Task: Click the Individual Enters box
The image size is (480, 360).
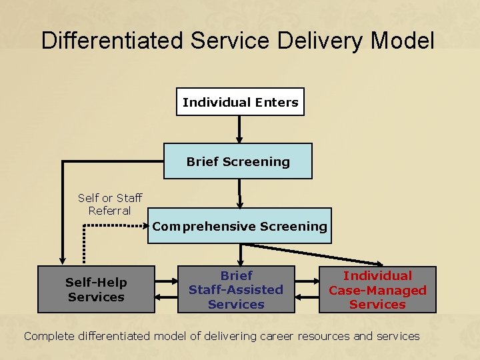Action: tap(240, 102)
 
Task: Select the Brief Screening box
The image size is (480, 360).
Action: tap(238, 161)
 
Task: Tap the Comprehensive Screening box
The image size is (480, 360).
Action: tap(239, 226)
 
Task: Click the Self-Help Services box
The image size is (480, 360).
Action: tap(96, 290)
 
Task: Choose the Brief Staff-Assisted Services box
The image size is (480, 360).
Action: tap(236, 290)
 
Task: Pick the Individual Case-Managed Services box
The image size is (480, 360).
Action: tap(377, 290)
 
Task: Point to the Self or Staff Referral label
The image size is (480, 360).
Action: tap(109, 204)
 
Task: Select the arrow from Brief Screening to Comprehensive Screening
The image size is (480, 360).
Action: tap(239, 193)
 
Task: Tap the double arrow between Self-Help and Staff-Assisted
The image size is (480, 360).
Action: tap(166, 289)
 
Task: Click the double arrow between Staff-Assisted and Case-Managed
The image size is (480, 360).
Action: tap(307, 289)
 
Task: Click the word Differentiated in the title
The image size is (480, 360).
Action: tap(112, 41)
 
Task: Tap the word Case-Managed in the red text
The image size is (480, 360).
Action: tap(377, 290)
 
